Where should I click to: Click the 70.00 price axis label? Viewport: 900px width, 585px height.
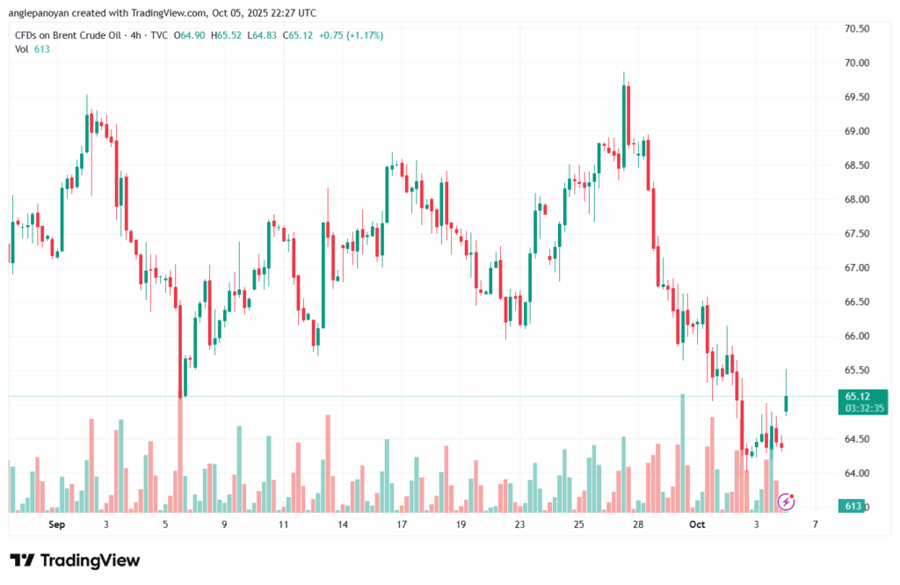(x=857, y=63)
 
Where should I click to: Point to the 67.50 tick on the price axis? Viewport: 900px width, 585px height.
(x=857, y=234)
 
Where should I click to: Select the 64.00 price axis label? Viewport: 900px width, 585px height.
(x=857, y=473)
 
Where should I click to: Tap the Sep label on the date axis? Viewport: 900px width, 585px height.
(x=57, y=524)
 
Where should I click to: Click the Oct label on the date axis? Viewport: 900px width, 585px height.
(x=697, y=524)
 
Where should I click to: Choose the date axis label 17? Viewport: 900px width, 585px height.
(x=402, y=524)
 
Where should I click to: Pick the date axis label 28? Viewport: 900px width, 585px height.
(x=638, y=524)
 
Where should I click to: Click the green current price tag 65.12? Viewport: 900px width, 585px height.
(x=856, y=396)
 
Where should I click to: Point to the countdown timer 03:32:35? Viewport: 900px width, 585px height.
(x=856, y=408)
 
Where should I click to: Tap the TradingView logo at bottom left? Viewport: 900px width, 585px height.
(x=75, y=560)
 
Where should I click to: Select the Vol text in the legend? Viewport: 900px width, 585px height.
(x=22, y=49)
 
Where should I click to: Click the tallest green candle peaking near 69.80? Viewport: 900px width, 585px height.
(x=625, y=114)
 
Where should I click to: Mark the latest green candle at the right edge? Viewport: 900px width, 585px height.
(x=786, y=403)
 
